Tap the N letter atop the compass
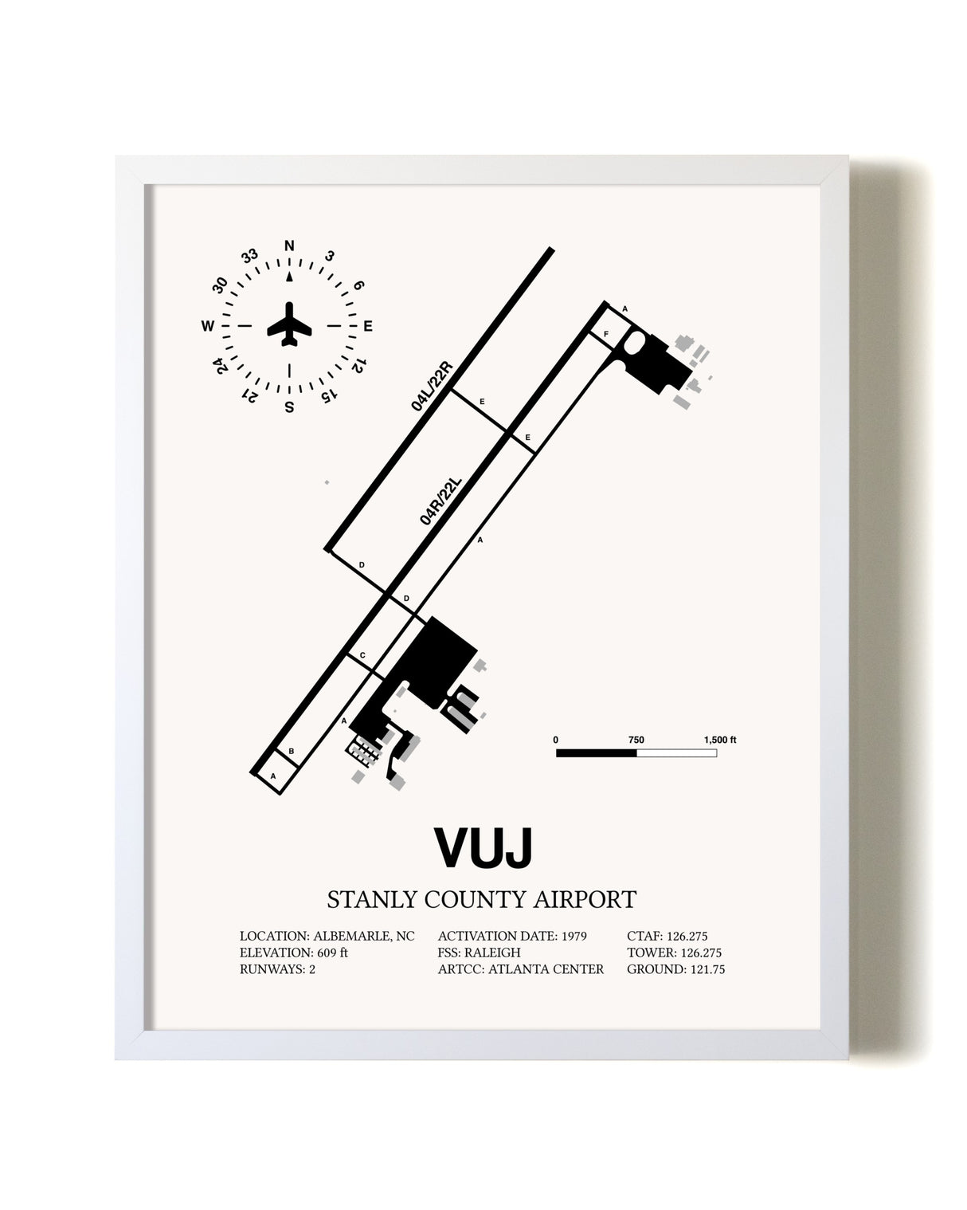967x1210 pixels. click(x=289, y=246)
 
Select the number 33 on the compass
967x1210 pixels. click(x=249, y=257)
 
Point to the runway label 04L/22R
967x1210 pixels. click(x=432, y=387)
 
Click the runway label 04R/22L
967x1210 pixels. click(x=440, y=501)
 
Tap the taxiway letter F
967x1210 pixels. click(x=605, y=334)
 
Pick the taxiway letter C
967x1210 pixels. click(x=362, y=655)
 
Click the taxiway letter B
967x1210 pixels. click(x=291, y=751)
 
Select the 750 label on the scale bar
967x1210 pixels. click(x=636, y=740)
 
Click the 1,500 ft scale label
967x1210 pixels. click(x=720, y=740)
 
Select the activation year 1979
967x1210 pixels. click(x=574, y=936)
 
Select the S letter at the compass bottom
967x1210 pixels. click(x=289, y=407)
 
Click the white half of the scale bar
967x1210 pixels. click(x=676, y=753)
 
